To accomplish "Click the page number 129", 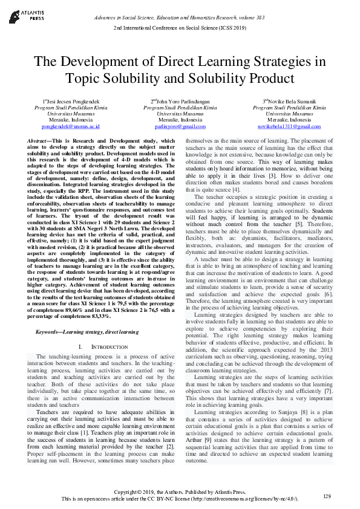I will click(x=327, y=496).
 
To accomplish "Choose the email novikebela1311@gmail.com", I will click(x=289, y=127).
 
